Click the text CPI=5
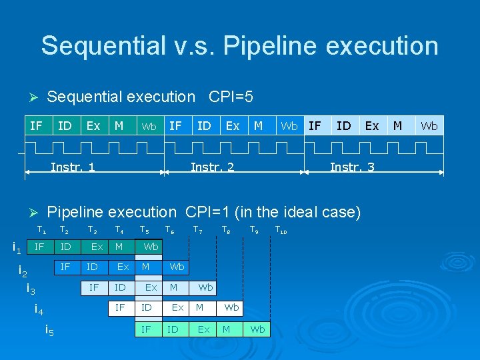pyautogui.click(x=231, y=97)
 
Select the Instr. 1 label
pyautogui.click(x=73, y=167)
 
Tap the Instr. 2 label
pyautogui.click(x=212, y=167)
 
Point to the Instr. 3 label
pyautogui.click(x=352, y=167)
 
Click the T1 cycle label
pyautogui.click(x=41, y=231)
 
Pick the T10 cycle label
pyautogui.click(x=281, y=231)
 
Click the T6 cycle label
pyautogui.click(x=170, y=231)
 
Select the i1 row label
pyautogui.click(x=18, y=248)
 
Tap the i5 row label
pyautogui.click(x=49, y=329)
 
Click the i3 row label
pyautogui.click(x=31, y=289)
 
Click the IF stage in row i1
pyautogui.click(x=39, y=247)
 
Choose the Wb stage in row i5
pyautogui.click(x=257, y=329)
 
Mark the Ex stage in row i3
pyautogui.click(x=151, y=288)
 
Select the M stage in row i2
pyautogui.click(x=145, y=267)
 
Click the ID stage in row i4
pyautogui.click(x=146, y=308)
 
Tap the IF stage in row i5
pyautogui.click(x=145, y=329)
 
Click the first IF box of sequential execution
pyautogui.click(x=37, y=125)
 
